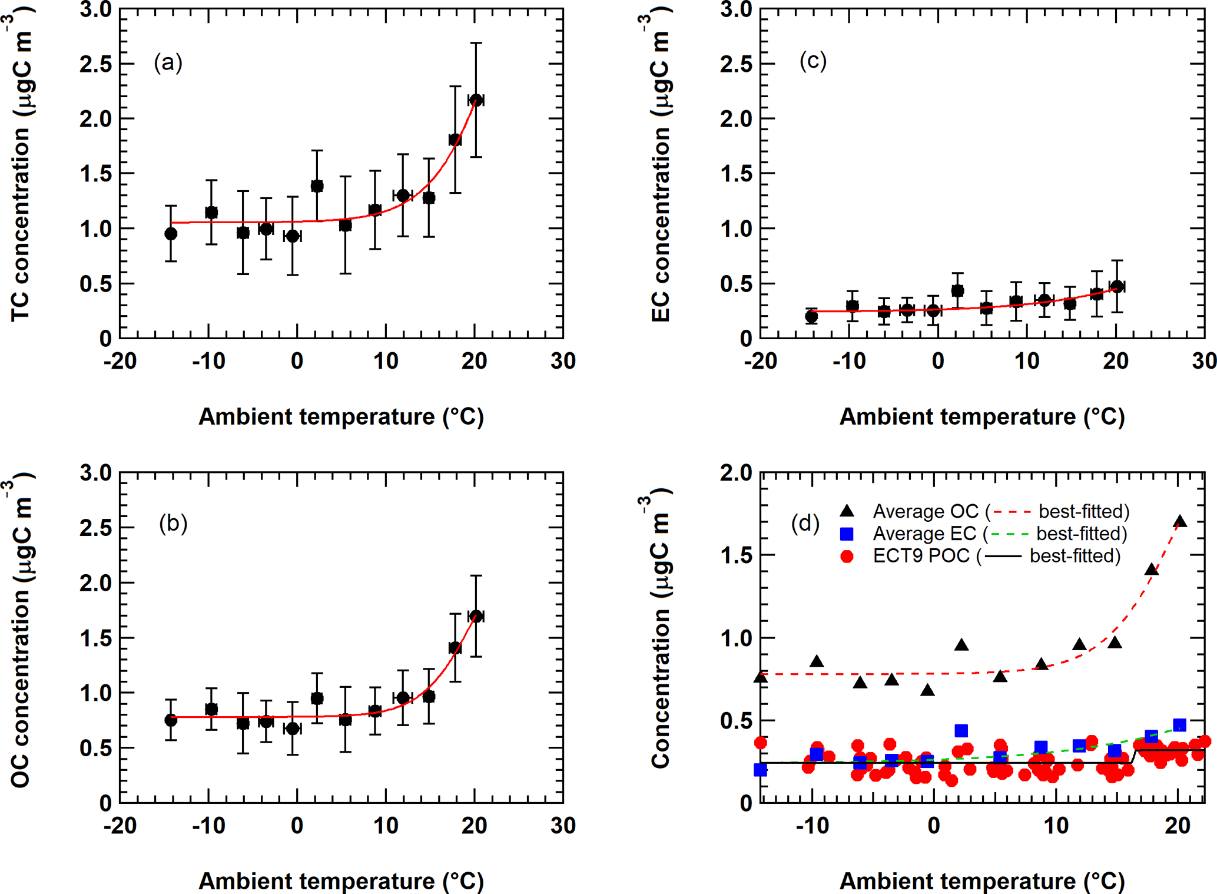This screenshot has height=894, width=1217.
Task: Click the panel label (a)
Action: [168, 62]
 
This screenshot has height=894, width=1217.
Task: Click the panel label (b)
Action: [173, 523]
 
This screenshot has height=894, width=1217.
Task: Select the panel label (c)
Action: [813, 60]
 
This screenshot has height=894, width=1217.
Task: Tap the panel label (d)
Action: [805, 523]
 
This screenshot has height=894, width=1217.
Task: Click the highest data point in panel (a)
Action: [476, 100]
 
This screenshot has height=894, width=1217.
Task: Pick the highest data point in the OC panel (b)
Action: [476, 616]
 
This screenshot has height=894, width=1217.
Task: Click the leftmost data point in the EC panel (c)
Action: [811, 316]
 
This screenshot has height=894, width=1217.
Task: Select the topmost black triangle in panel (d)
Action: [1180, 521]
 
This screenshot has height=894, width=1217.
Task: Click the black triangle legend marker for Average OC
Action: [847, 511]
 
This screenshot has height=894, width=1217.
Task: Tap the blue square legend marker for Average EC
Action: [847, 534]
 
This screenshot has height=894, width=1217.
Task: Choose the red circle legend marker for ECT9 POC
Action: [847, 556]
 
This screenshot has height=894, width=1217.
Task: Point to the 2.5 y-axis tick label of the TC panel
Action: [96, 64]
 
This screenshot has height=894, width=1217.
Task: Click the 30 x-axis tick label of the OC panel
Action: [563, 825]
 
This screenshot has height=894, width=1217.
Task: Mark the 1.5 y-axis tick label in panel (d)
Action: [736, 555]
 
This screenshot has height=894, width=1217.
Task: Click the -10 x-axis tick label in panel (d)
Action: [813, 825]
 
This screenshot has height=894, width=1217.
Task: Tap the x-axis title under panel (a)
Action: [341, 416]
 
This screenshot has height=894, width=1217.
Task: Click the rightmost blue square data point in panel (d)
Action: [1179, 725]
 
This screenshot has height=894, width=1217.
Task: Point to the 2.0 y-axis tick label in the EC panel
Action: [736, 119]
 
